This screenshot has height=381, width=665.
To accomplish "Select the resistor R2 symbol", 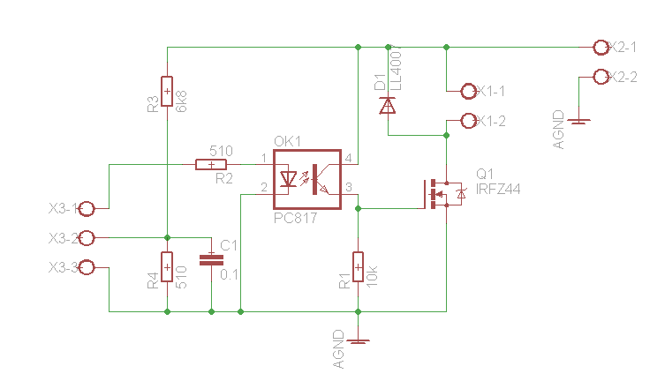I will [210, 164].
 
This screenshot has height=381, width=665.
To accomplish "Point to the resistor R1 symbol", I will [358, 265].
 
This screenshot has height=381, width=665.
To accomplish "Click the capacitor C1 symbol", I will [211, 259].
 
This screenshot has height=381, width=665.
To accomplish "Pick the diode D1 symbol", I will [388, 106].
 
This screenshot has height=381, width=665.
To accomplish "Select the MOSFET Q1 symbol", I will [442, 193].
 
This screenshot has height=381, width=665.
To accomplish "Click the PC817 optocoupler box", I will [306, 179].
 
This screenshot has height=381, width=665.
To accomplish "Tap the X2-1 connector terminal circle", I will [601, 46].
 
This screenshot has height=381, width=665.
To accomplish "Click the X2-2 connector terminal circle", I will [601, 77].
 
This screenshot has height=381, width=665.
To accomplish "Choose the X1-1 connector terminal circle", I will [469, 91].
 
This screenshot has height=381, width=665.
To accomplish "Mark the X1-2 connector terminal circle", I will [469, 121].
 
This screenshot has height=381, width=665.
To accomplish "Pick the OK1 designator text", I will [287, 142].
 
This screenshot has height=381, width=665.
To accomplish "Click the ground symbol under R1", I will [358, 340].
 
